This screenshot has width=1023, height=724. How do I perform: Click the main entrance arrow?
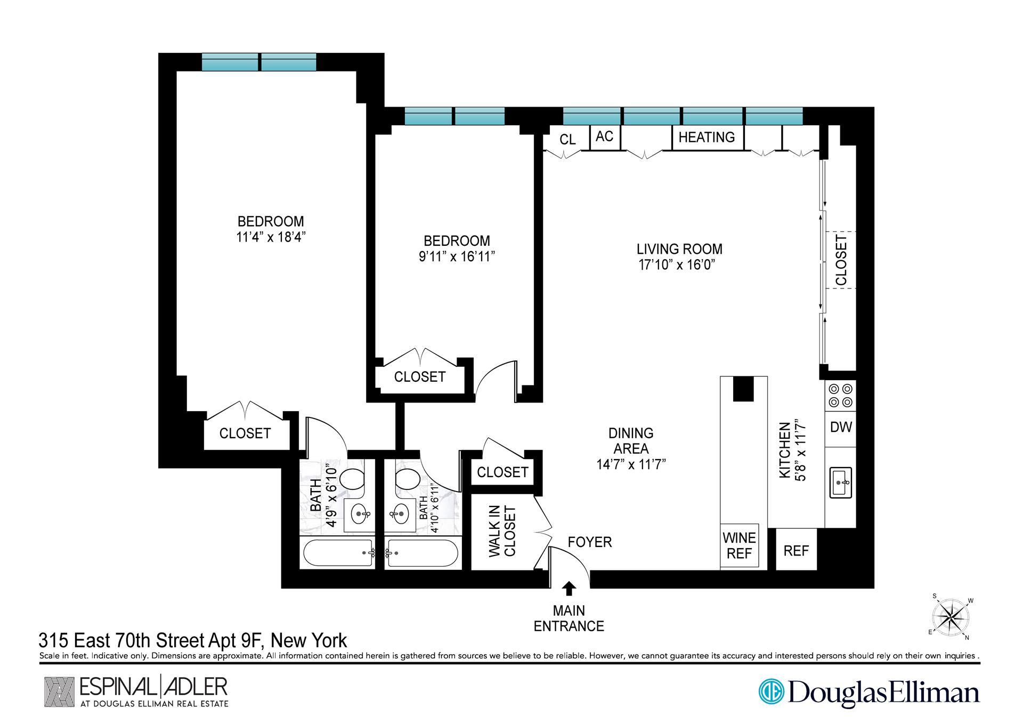(x=569, y=589)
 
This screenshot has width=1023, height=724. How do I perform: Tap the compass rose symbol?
(x=951, y=618)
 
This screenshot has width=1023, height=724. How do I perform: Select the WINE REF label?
(x=739, y=545)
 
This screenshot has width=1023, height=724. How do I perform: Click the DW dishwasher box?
(x=840, y=427)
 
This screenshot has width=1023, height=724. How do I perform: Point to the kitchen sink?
(x=840, y=482)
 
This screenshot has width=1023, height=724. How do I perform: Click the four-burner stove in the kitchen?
(x=840, y=396)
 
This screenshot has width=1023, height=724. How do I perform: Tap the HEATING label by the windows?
(x=706, y=138)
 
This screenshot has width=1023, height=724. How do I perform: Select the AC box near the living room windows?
(x=604, y=137)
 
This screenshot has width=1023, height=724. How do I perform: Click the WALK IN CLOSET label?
(x=502, y=532)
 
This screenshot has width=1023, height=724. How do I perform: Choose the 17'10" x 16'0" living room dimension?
(x=676, y=265)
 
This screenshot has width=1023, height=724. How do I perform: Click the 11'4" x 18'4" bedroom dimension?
(x=271, y=237)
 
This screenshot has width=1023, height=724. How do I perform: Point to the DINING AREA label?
(x=631, y=441)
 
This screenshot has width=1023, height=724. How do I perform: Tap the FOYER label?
(x=589, y=542)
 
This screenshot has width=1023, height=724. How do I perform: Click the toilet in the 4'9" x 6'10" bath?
(x=351, y=479)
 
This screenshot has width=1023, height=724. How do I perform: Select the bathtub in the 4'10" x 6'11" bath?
(x=423, y=553)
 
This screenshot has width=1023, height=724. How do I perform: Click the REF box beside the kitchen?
(x=796, y=551)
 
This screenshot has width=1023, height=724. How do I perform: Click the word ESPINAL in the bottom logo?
(x=117, y=687)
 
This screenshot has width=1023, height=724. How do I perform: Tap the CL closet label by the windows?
(x=567, y=140)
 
